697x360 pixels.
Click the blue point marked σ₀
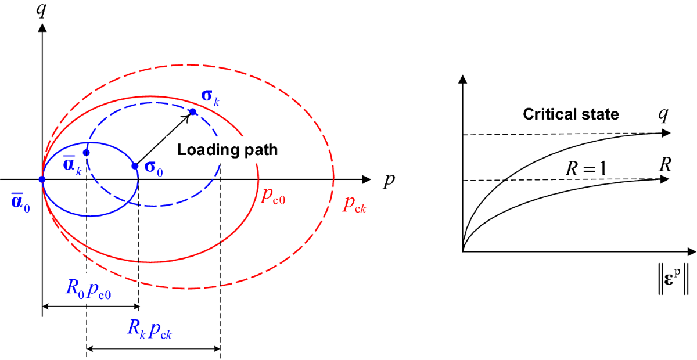(135, 166)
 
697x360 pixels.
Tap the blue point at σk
(193, 111)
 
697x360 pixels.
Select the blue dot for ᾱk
(87, 153)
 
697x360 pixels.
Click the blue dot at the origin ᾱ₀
(42, 179)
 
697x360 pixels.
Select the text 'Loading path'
(228, 150)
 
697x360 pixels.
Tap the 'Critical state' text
(571, 114)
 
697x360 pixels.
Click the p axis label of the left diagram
(387, 181)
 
